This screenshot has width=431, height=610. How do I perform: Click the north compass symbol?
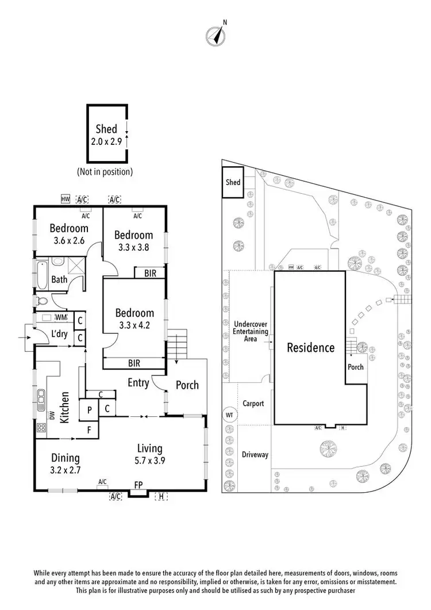tap(215, 36)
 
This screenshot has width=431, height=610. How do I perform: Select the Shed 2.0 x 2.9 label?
tap(106, 135)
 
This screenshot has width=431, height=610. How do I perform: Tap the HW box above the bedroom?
tap(65, 200)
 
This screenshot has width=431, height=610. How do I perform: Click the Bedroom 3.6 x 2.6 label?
tap(68, 234)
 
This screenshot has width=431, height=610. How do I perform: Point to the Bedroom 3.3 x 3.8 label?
tap(133, 240)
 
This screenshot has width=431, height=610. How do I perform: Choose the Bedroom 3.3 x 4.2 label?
tap(134, 319)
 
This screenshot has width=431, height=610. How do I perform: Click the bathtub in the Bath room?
tap(43, 275)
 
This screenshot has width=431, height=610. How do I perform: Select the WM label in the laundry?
tap(61, 317)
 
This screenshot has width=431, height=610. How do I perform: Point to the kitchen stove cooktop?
tap(42, 427)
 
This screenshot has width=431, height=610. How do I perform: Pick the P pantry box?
tap(90, 409)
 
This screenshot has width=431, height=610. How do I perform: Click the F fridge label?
tap(89, 429)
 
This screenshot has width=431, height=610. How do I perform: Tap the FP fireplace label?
tap(138, 485)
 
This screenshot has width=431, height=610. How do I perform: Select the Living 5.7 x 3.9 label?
tap(149, 454)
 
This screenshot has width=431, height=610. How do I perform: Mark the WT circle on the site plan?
tap(229, 415)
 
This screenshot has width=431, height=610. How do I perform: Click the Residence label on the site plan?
tap(310, 347)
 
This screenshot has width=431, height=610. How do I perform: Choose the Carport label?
tap(253, 404)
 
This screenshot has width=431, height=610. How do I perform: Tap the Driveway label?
tap(255, 454)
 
